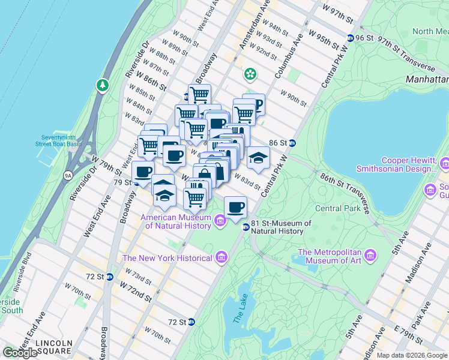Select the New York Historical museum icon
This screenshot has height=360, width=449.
[x=221, y=257]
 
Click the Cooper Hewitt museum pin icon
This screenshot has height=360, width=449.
[x=445, y=164]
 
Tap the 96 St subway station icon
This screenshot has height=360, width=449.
[x=350, y=38]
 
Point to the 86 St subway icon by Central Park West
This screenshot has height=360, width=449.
[x=292, y=143]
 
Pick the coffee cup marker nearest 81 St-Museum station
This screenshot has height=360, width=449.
[x=236, y=206]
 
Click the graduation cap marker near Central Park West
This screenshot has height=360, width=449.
[x=258, y=157]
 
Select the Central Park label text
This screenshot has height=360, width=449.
[x=338, y=209]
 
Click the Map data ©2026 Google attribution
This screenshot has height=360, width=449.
[x=412, y=355]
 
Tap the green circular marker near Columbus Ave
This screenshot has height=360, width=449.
[x=250, y=75]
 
